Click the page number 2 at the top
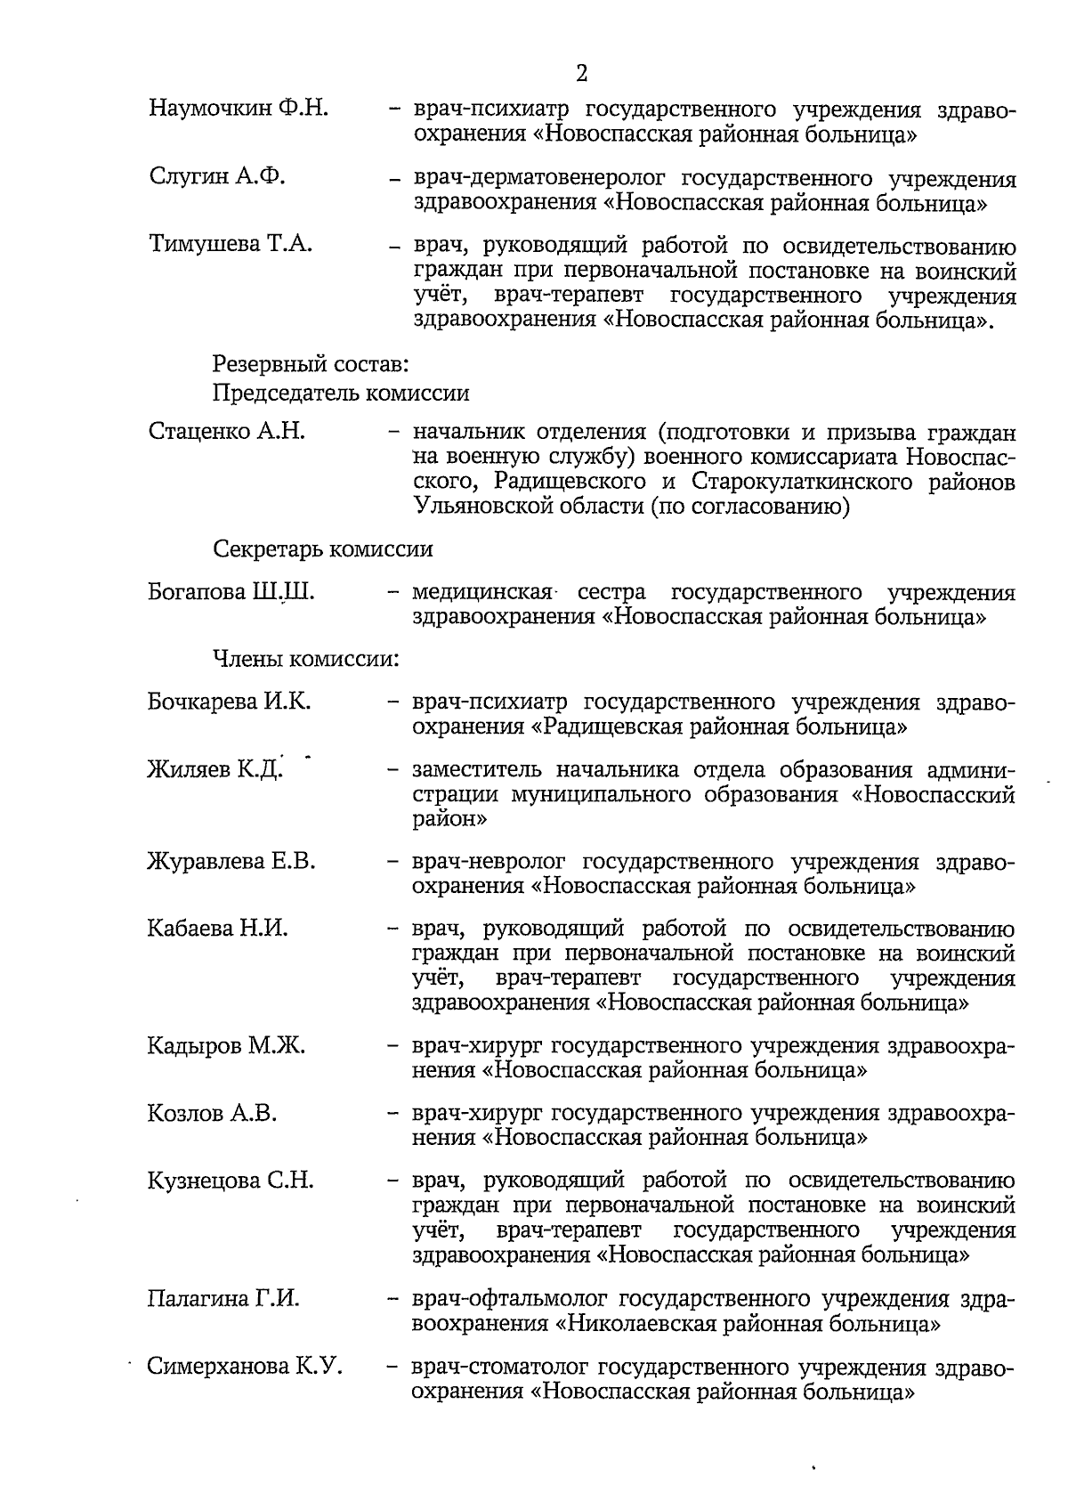[x=581, y=73]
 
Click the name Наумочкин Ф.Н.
[x=239, y=110]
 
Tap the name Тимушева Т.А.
[x=231, y=245]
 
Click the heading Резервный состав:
[x=311, y=364]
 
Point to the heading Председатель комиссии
[x=341, y=393]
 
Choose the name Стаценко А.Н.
[x=227, y=432]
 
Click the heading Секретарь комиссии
[x=323, y=549]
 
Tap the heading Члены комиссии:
[x=304, y=660]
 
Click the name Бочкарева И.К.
[x=230, y=702]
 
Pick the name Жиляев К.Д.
[x=214, y=770]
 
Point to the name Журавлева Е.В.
[x=231, y=862]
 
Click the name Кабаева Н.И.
[x=218, y=930]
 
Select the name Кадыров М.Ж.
[x=226, y=1046]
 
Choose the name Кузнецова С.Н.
[x=231, y=1181]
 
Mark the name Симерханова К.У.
[x=245, y=1367]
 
